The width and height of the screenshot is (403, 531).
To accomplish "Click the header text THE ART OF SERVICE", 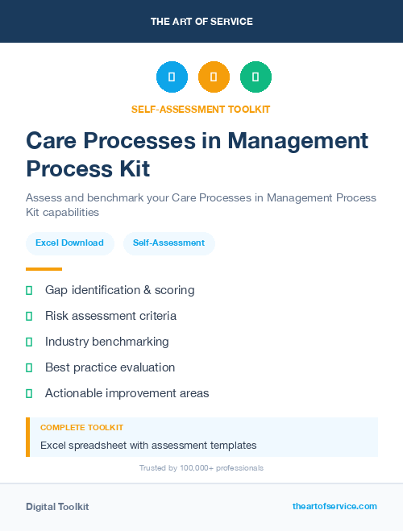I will tap(201, 22).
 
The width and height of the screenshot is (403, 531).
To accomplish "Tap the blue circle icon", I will tap(172, 77).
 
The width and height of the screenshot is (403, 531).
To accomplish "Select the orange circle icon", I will tap(214, 77).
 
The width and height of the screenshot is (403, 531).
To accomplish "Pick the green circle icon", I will tap(256, 77).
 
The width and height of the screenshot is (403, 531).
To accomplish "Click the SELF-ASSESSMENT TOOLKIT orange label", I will tap(201, 109).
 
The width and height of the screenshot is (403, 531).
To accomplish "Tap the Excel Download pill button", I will tap(69, 243).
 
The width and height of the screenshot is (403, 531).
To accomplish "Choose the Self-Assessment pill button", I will tap(168, 243).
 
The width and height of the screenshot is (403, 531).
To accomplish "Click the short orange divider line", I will tap(44, 269).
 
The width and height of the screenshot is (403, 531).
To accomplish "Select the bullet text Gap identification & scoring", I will tap(119, 290).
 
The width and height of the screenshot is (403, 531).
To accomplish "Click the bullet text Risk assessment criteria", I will tap(110, 316).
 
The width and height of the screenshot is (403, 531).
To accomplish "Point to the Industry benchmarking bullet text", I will tap(106, 342).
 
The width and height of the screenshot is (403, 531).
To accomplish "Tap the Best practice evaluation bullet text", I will tap(110, 367).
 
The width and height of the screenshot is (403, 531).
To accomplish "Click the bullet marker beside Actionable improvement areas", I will tap(29, 393).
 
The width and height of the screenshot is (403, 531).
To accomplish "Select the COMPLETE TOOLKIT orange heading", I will tap(81, 428).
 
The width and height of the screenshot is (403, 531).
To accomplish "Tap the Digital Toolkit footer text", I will tap(57, 507).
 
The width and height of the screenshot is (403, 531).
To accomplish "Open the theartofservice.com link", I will tap(334, 506).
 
